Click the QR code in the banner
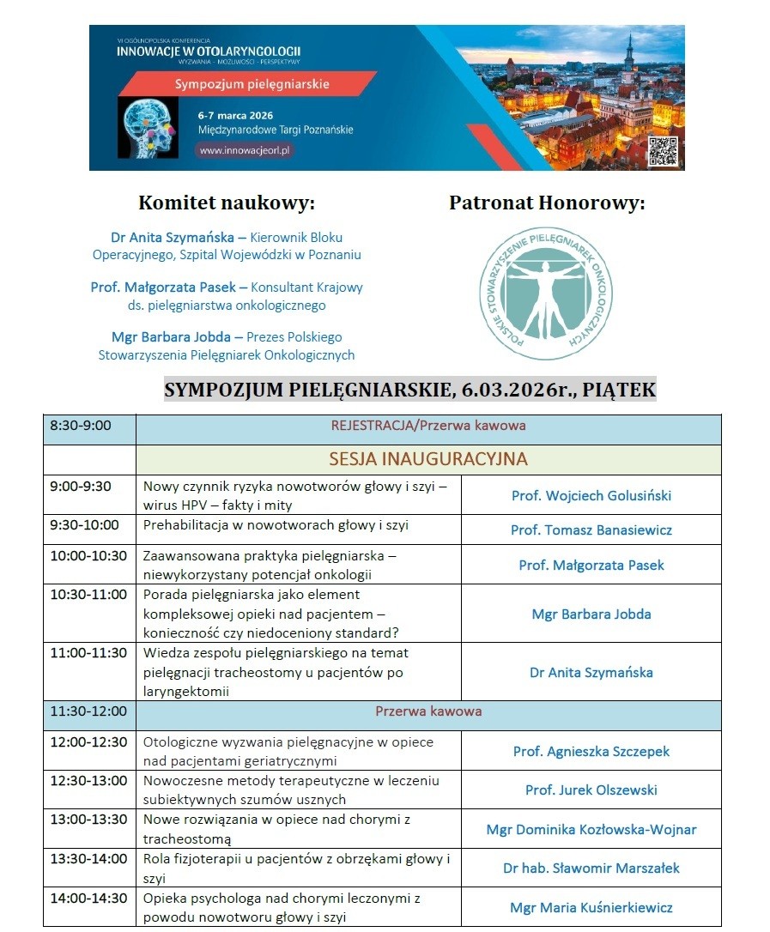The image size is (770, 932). [x=661, y=150]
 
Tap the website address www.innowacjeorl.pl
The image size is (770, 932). [x=246, y=149]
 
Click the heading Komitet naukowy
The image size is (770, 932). [x=227, y=203]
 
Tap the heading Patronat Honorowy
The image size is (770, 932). [x=547, y=203]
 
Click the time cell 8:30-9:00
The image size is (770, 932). [x=81, y=425]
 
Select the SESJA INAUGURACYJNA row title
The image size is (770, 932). [x=427, y=458]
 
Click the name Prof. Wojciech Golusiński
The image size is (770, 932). [x=591, y=495]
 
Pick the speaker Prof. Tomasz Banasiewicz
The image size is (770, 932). [x=591, y=530]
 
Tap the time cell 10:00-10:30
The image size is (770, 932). [x=88, y=555]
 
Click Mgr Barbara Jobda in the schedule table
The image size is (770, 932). [x=591, y=614]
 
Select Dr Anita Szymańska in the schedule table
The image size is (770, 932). [x=591, y=672]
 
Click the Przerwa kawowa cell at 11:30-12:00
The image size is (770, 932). [x=427, y=711]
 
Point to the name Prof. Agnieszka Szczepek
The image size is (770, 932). [x=591, y=751]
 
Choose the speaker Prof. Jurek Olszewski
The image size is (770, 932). [x=591, y=790]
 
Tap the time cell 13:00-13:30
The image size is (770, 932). [x=88, y=819]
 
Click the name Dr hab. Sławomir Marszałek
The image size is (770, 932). [x=591, y=868]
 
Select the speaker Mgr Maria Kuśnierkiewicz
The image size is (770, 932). [x=591, y=907]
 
